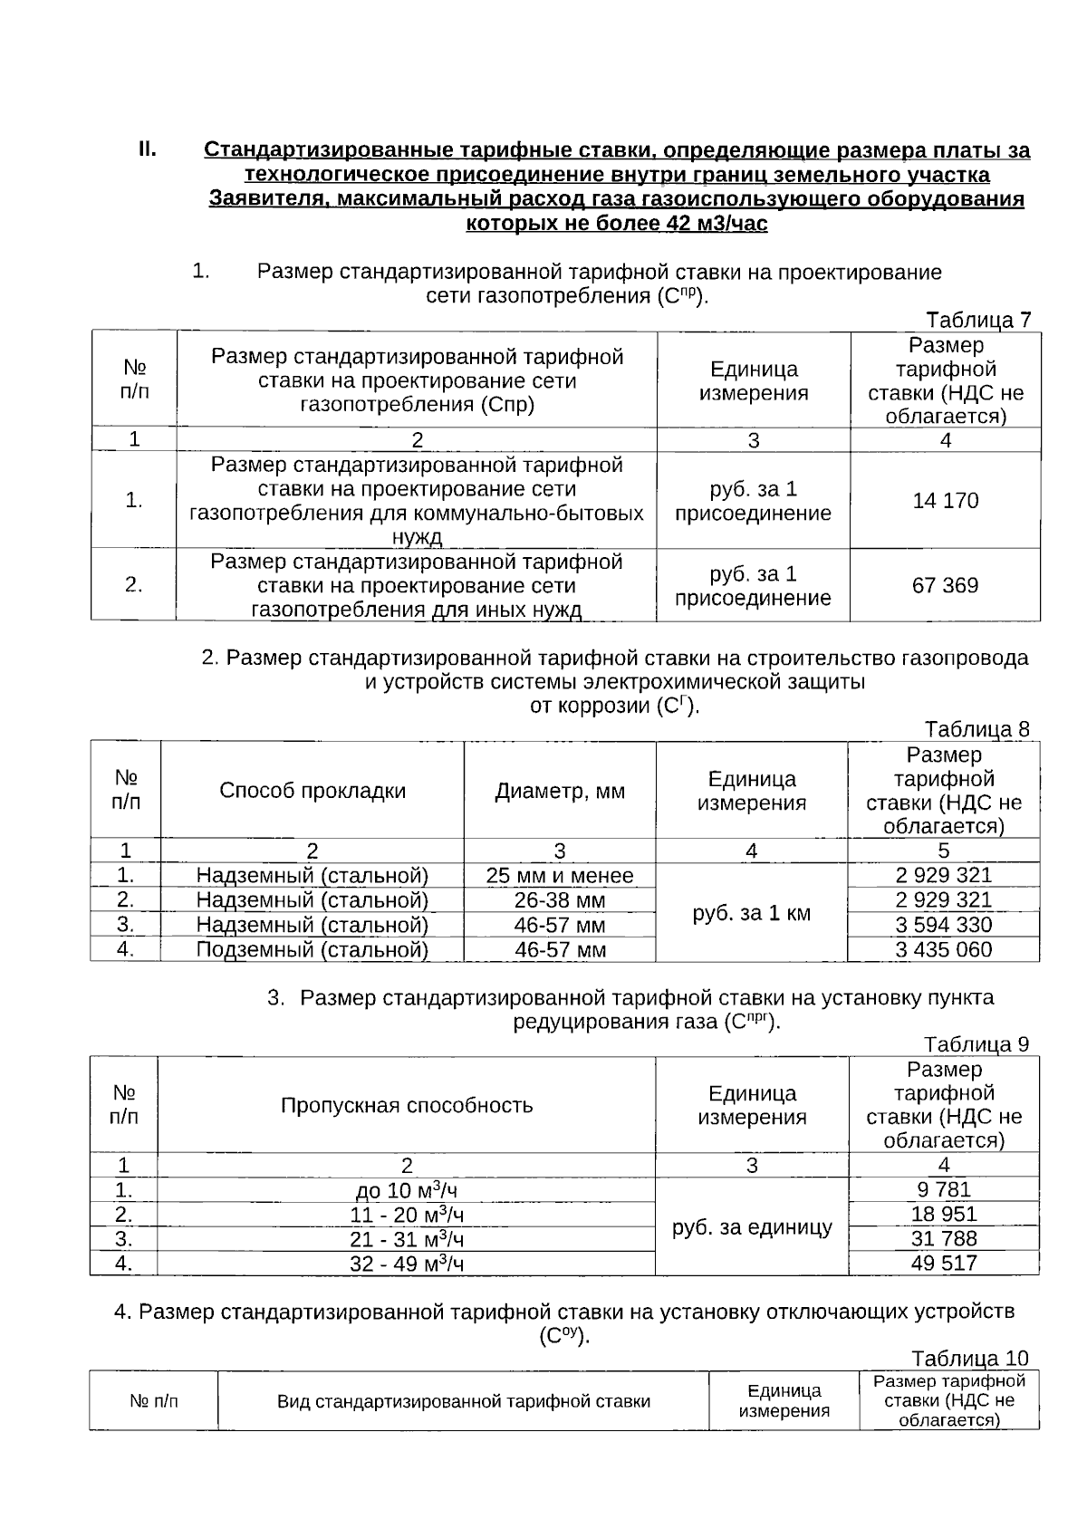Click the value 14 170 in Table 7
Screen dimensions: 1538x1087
point(945,501)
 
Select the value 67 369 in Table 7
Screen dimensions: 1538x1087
point(945,585)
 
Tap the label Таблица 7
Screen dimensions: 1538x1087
point(977,320)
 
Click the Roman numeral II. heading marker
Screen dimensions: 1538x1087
point(148,149)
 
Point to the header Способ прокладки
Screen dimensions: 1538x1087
point(313,791)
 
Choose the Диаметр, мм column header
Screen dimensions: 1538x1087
point(560,791)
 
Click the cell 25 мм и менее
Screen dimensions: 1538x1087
point(560,876)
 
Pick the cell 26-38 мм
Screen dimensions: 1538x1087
point(560,900)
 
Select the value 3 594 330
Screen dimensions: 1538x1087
point(943,925)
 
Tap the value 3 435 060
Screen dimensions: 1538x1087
point(943,949)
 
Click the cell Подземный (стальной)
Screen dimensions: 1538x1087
point(313,949)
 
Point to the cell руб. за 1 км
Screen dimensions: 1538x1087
point(751,913)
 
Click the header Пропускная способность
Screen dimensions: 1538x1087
point(407,1105)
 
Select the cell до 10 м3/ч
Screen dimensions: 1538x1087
point(407,1190)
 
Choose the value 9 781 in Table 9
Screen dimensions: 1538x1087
point(943,1189)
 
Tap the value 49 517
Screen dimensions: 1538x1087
point(943,1263)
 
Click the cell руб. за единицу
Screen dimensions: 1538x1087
point(752,1227)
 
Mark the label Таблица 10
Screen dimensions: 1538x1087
point(970,1359)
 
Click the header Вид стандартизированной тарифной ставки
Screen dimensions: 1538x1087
point(464,1401)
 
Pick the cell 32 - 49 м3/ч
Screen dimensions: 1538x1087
point(407,1264)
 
